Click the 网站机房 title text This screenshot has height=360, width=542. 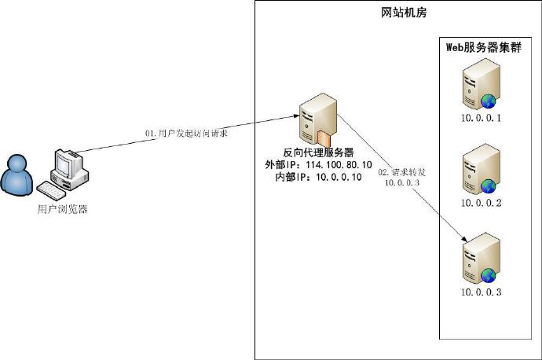coord(399,13)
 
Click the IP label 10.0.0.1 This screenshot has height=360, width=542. coord(481,119)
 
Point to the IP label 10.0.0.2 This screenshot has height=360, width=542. coord(481,203)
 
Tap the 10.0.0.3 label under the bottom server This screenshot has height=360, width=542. coord(481,292)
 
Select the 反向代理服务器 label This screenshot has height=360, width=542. coord(318,152)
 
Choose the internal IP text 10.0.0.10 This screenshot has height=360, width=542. coord(339,178)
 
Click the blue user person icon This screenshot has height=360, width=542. coord(16,177)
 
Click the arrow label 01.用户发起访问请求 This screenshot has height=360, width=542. coord(186,134)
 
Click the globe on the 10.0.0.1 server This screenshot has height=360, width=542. coord(489,101)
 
